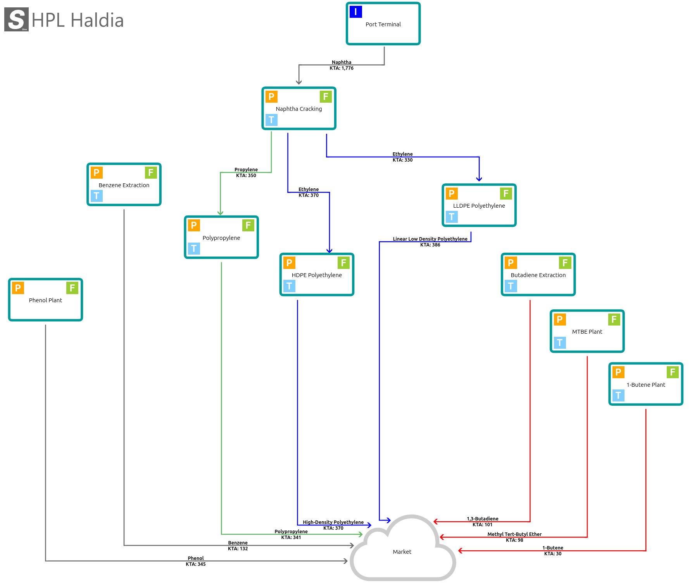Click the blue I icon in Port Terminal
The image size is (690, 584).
coord(355,12)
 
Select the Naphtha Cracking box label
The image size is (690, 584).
coord(298,109)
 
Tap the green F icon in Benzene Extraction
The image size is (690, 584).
coord(151,172)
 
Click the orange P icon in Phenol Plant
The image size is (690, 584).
coord(18,288)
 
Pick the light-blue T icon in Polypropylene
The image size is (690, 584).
coord(194,248)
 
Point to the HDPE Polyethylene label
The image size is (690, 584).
coord(317,275)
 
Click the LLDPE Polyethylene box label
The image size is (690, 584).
coord(479,206)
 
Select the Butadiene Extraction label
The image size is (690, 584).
coord(538,275)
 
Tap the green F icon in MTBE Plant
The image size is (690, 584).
coord(614,319)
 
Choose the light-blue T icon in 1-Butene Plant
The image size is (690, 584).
coord(618,395)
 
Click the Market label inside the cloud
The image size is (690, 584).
coord(402,552)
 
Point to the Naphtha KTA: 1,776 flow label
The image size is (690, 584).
coord(342,65)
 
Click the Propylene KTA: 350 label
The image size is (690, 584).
coord(246,172)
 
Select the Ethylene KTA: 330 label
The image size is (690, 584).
coord(402,157)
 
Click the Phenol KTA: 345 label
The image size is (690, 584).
coord(196,561)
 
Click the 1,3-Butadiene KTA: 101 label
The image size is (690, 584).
coord(483,522)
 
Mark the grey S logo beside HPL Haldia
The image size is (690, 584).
coord(16,19)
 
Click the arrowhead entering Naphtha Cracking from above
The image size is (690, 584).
coord(299,82)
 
